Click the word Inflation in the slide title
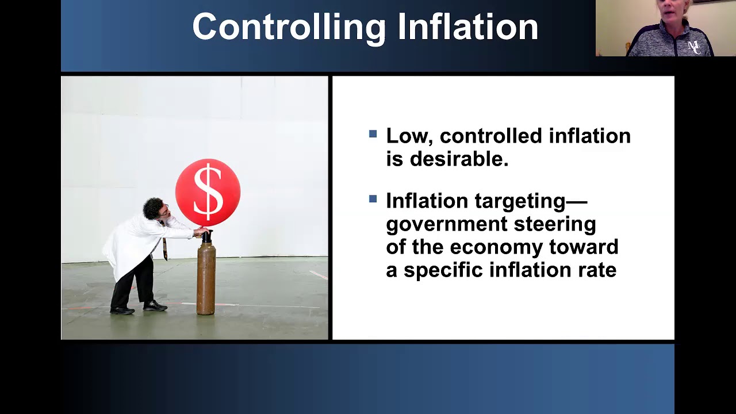[x=467, y=27]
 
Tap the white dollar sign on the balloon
[x=208, y=191]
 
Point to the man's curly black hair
[x=152, y=207]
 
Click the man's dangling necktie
[x=165, y=248]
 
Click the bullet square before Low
[x=373, y=135]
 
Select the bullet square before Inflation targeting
[x=373, y=200]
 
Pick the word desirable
[x=459, y=159]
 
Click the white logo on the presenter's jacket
[x=694, y=46]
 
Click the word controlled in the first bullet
[x=491, y=136]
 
